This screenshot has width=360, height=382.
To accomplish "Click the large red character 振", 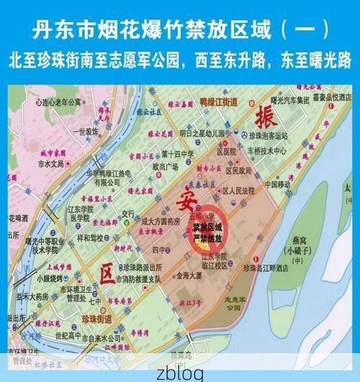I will coord(264,114).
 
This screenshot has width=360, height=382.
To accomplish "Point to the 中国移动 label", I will coord(276,184).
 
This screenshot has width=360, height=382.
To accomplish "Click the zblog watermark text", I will coord(179,373).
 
